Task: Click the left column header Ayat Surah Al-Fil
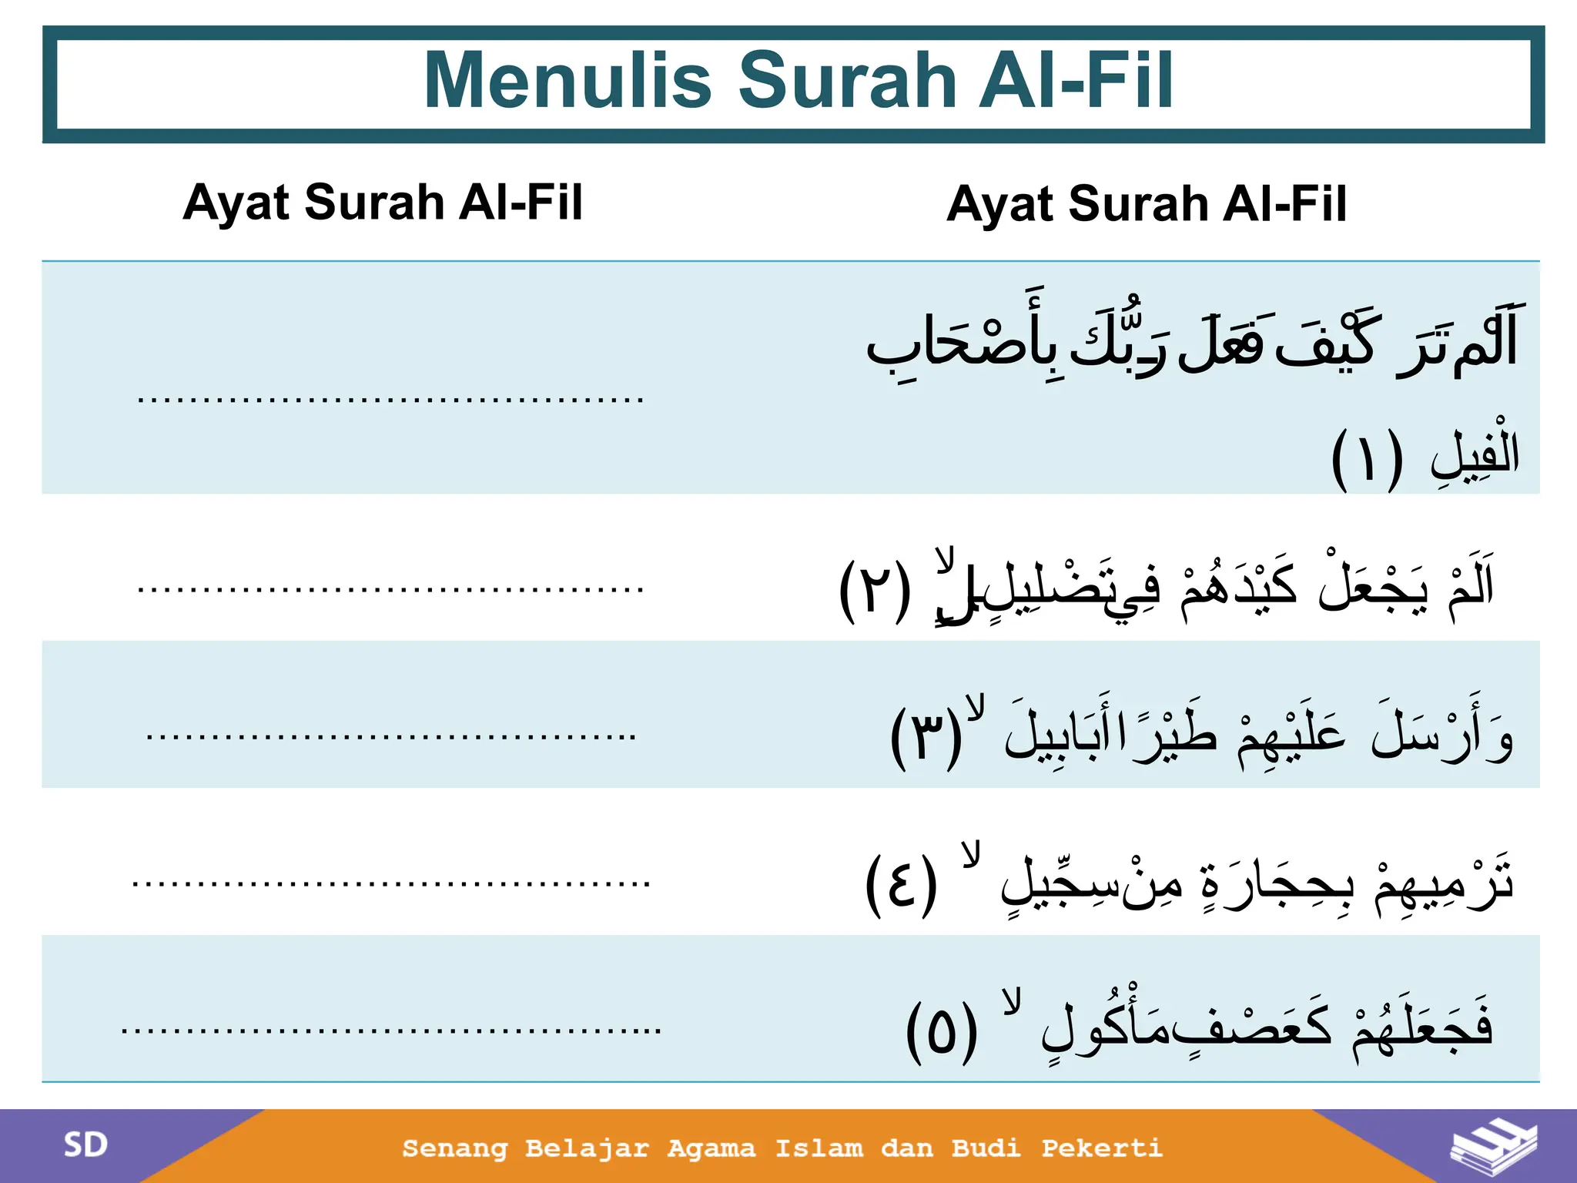click(x=383, y=203)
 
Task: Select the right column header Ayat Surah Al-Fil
click(x=1147, y=204)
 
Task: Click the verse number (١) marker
click(x=1367, y=460)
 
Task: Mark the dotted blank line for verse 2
click(x=390, y=589)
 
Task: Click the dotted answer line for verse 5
click(x=390, y=1030)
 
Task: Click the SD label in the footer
click(x=85, y=1145)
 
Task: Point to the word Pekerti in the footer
click(x=1102, y=1148)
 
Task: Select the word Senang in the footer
click(x=455, y=1149)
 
